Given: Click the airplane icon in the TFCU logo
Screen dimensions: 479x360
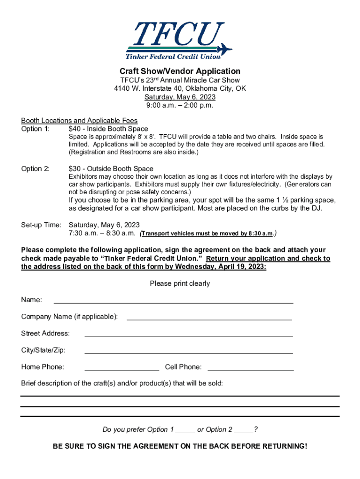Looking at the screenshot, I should point(224,48).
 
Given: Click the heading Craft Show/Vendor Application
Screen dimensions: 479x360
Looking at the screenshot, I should point(180,71).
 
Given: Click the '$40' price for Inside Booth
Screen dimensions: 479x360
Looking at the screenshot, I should point(75,129).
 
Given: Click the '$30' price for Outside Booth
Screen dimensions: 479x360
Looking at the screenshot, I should point(75,168).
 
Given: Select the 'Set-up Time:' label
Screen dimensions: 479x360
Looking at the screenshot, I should point(41,225).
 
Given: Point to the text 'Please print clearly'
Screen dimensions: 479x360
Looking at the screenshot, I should point(180,283).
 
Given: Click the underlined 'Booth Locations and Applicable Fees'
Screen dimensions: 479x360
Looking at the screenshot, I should point(79,120).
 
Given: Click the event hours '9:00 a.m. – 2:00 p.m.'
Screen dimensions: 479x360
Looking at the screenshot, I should point(180,105).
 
